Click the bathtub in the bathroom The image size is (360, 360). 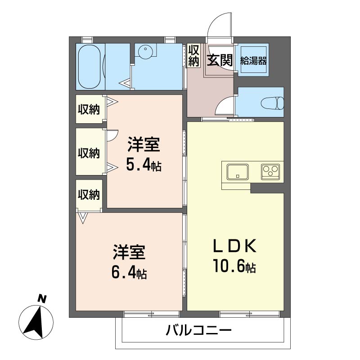[89, 67]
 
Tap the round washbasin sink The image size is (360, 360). [145, 52]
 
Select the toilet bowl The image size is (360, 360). [273, 103]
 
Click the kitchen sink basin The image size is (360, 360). [238, 172]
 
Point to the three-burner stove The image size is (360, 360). [270, 172]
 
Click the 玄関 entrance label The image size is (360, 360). [220, 60]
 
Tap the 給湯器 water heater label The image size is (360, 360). [253, 61]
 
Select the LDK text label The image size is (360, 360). [234, 246]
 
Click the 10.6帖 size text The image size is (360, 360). [234, 266]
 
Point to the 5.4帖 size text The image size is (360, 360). [144, 165]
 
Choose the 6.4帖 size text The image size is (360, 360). [129, 272]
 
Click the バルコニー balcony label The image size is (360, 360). [198, 330]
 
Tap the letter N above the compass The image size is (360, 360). [42, 299]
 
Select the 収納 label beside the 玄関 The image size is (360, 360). [193, 55]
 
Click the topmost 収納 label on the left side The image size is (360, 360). [89, 109]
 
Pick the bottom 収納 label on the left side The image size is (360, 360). [89, 195]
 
